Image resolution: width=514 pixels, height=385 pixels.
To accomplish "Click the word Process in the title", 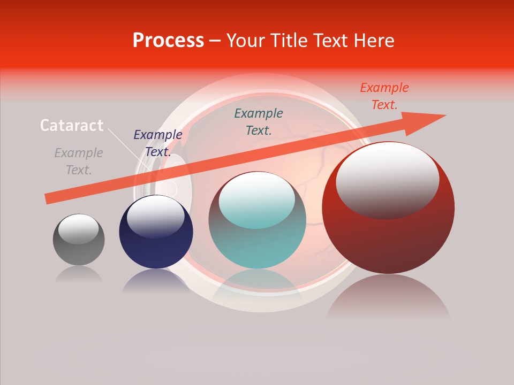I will pyautogui.click(x=168, y=41).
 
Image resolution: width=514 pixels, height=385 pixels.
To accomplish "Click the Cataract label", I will pyautogui.click(x=72, y=126).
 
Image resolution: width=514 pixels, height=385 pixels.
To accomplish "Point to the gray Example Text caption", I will pyautogui.click(x=79, y=161).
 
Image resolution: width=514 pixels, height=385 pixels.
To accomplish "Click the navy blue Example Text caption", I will pyautogui.click(x=157, y=143).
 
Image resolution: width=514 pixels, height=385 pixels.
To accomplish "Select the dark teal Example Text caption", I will pyautogui.click(x=259, y=121).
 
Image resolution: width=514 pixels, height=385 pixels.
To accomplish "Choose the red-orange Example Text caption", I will pyautogui.click(x=384, y=96).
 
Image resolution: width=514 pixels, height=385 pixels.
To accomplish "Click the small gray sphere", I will pyautogui.click(x=79, y=249).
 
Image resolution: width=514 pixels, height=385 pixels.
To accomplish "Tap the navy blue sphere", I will pyautogui.click(x=156, y=246).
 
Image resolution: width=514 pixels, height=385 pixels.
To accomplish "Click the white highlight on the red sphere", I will pyautogui.click(x=387, y=179).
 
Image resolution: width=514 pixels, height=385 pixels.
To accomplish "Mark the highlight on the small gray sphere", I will pyautogui.click(x=79, y=228).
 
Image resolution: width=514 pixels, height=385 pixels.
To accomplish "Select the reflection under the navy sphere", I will pyautogui.click(x=156, y=281).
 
